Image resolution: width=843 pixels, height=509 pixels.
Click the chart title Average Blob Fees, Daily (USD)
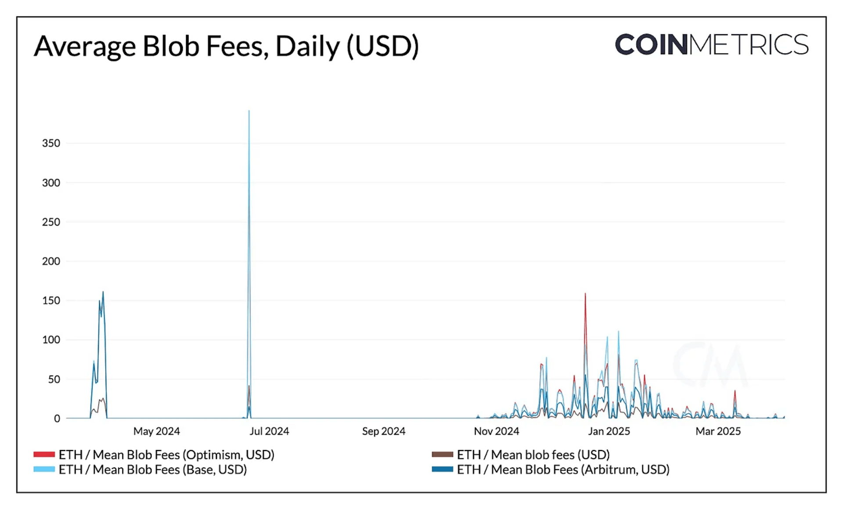coord(226,46)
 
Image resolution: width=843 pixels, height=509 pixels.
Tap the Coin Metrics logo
coord(711,44)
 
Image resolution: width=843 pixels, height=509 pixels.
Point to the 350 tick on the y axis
coord(51,143)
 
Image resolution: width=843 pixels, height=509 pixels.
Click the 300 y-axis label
coord(51,183)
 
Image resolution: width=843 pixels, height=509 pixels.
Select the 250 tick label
coord(51,222)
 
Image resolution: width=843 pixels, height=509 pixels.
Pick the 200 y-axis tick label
coord(51,261)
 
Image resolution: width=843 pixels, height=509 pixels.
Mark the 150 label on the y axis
coord(51,300)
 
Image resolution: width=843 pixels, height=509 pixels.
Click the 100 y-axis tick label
coord(51,339)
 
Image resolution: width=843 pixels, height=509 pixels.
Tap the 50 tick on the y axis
coord(54,379)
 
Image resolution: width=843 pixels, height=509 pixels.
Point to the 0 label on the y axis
coord(57,419)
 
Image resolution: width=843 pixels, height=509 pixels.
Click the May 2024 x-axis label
coord(157,431)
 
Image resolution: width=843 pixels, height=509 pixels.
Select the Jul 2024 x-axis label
coord(269,431)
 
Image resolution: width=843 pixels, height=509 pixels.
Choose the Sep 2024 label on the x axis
coord(383,431)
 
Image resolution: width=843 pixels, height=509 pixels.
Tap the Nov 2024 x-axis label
coord(496,431)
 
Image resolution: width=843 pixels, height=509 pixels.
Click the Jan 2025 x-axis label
coord(609,431)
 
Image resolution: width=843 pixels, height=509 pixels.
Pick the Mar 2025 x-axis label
coord(718,431)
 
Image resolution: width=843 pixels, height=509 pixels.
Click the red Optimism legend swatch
coord(44,455)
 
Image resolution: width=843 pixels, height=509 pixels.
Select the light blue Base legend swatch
coord(44,469)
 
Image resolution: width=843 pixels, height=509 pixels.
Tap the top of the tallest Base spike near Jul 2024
coord(249,111)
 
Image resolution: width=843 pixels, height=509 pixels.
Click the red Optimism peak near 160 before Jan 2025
coord(585,294)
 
